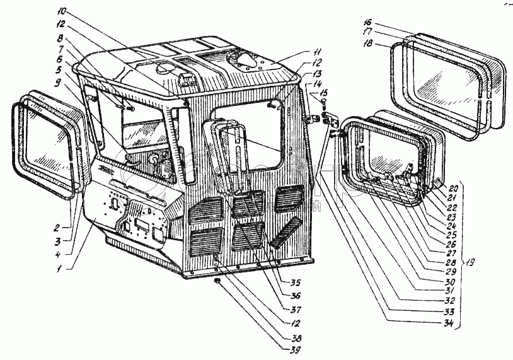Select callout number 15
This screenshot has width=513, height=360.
[323, 93]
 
